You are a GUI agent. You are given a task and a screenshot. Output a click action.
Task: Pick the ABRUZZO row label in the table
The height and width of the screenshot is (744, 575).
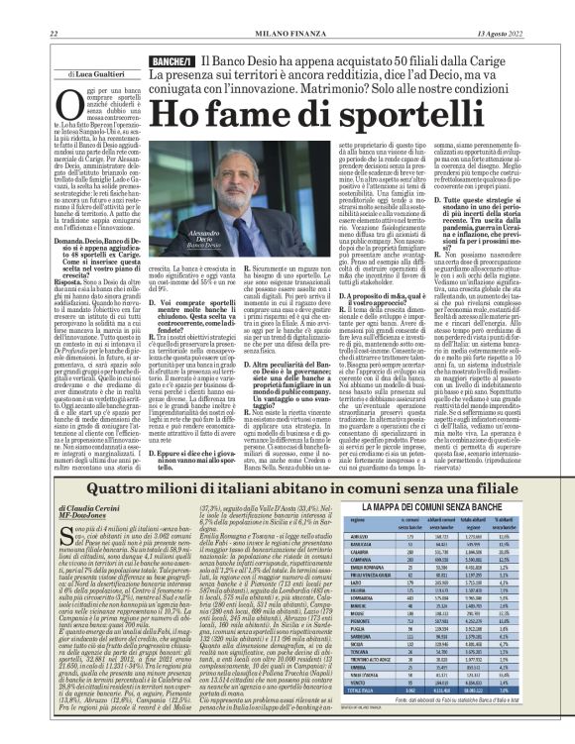pos(376,546)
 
